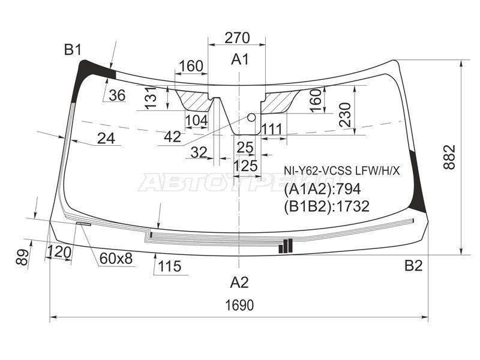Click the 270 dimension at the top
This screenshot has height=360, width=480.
coord(237,38)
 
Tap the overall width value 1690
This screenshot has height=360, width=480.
coord(239,305)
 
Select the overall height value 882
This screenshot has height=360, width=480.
coord(449,157)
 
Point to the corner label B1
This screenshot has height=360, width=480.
coord(73,50)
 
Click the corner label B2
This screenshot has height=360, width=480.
coord(413,265)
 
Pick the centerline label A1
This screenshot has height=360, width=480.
coord(240,59)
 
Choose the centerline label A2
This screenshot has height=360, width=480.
coord(239,282)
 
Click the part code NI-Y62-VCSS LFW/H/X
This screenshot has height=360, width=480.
coord(341,171)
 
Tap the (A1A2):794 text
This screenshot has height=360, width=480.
coord(322,190)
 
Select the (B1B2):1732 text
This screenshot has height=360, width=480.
coord(326,206)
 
